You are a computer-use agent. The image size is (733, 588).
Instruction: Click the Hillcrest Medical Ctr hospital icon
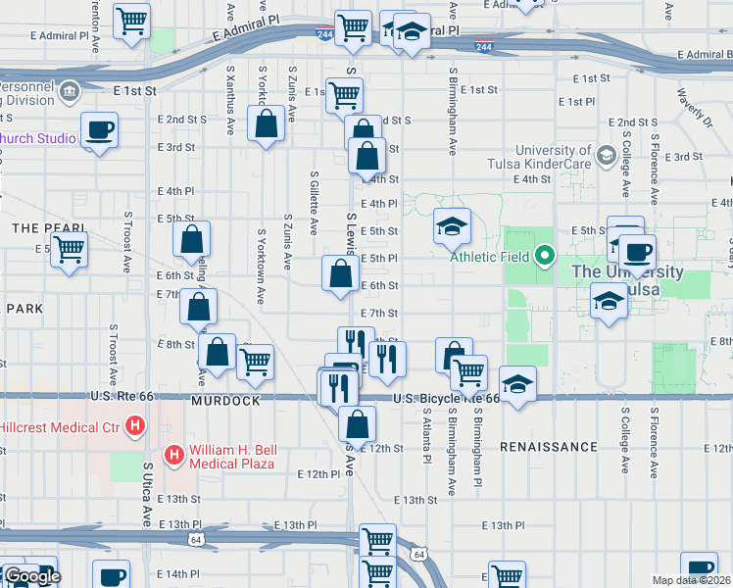click(136, 427)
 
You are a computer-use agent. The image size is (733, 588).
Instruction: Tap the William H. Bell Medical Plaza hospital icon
click(174, 454)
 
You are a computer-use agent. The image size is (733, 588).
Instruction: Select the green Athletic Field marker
click(546, 258)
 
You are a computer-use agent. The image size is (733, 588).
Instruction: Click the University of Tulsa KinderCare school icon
click(605, 156)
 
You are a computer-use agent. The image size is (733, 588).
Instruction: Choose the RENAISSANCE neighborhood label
click(548, 447)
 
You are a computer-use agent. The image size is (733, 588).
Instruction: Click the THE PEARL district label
click(36, 228)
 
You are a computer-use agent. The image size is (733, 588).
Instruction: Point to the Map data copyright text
click(692, 580)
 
